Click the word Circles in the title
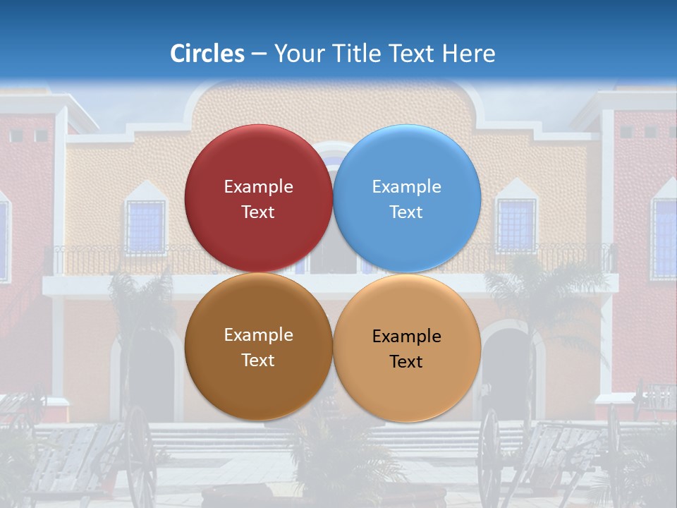(x=207, y=54)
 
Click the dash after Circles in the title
(x=259, y=54)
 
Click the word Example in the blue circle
(x=407, y=187)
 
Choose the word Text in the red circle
(x=258, y=212)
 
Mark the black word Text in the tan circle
(x=406, y=362)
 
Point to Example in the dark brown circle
(x=258, y=335)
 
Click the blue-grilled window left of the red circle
(x=146, y=226)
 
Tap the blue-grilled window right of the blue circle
(x=516, y=224)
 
